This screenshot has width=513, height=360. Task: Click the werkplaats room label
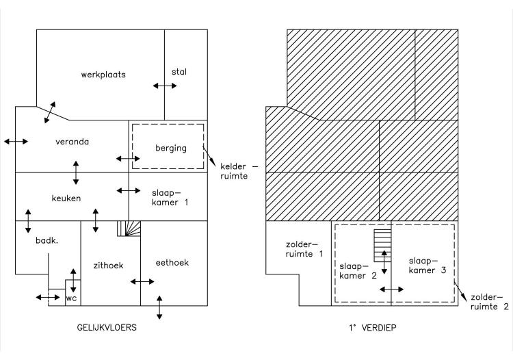tap(103, 75)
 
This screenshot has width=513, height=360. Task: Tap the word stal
tap(179, 71)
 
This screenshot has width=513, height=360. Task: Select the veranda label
tap(73, 142)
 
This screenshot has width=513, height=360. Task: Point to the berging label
tap(170, 148)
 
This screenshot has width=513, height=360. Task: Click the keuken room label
tap(66, 198)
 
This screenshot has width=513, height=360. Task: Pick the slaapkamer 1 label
tap(168, 198)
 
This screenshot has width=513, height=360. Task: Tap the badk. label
tap(47, 242)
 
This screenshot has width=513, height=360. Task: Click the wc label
tap(72, 298)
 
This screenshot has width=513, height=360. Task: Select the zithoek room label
tap(108, 266)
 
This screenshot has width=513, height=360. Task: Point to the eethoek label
tap(172, 262)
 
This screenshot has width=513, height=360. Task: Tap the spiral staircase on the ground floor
tap(128, 228)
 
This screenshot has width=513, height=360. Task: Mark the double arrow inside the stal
tap(164, 86)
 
